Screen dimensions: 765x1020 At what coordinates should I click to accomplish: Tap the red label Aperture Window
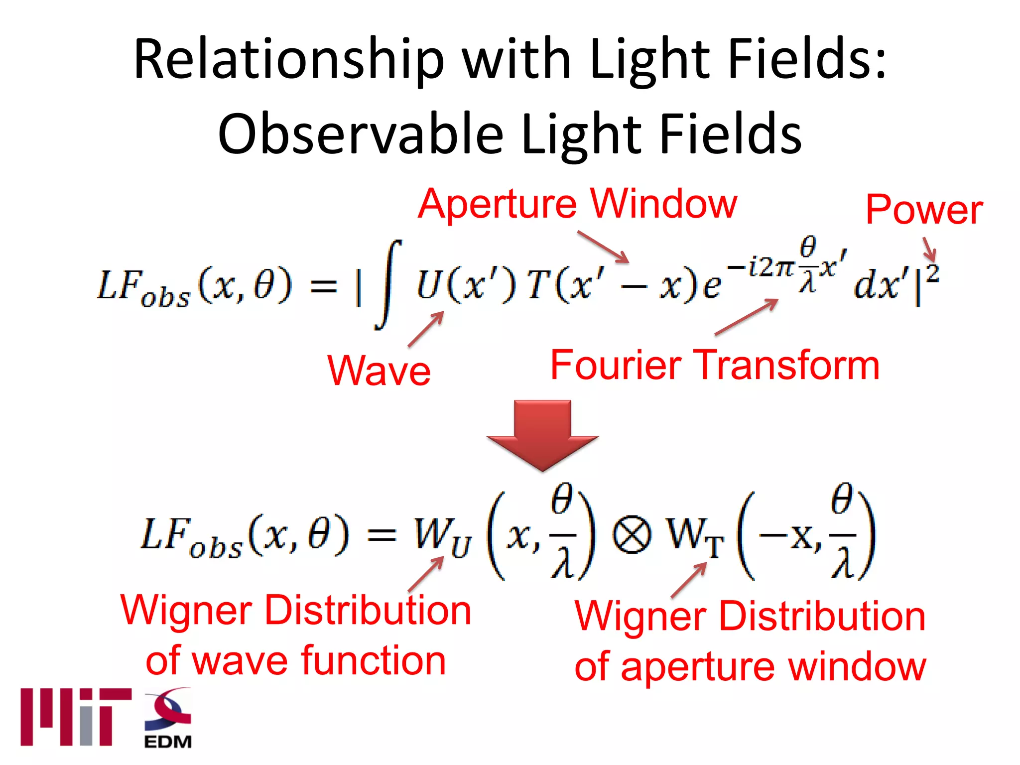(577, 204)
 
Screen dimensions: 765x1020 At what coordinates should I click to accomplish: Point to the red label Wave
(379, 372)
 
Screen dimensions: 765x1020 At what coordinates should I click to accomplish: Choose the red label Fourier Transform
(715, 366)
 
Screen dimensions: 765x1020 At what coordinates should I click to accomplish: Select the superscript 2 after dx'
(933, 274)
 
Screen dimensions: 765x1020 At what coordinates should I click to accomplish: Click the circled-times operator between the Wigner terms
(632, 536)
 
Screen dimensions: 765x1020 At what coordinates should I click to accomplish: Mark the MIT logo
(76, 717)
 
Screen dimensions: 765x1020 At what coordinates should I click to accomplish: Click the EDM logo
(168, 718)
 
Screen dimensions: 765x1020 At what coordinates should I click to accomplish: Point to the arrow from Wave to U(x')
(426, 329)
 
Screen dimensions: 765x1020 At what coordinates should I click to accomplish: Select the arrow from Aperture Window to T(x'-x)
(604, 247)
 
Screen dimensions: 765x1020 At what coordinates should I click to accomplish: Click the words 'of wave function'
(296, 661)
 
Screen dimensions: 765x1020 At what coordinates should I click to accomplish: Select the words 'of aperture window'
(750, 667)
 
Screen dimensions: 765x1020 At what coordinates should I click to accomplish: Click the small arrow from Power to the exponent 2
(929, 249)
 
